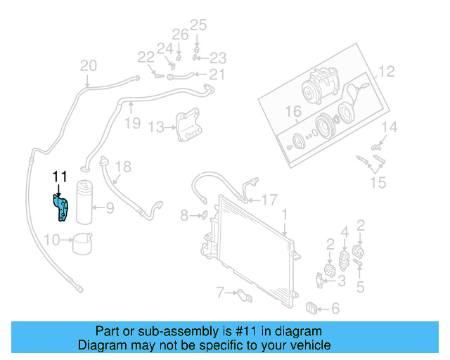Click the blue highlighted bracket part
coord(62,208)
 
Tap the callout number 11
coord(59,176)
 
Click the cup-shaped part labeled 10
coord(83,242)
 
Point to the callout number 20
coord(88,66)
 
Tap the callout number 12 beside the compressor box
coord(387,71)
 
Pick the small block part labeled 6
coord(313,307)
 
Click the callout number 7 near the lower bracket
coord(220,292)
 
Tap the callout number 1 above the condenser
coord(285,213)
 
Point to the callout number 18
coord(123,167)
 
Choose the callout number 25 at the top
coord(199,25)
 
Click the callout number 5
coord(361,286)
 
